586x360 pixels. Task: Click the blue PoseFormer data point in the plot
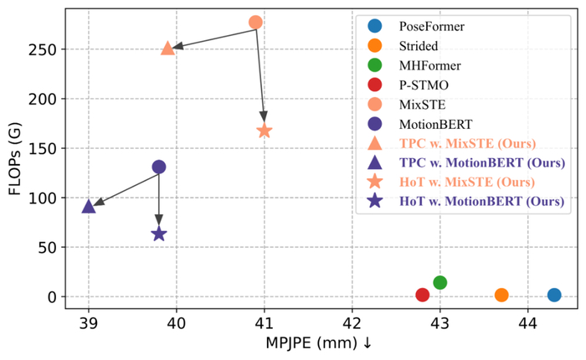554,295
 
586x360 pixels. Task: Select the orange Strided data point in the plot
501,295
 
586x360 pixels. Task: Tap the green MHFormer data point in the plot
440,283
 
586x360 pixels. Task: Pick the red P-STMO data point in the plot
423,295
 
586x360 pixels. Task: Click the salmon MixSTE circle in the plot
256,22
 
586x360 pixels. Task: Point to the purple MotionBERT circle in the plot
159,167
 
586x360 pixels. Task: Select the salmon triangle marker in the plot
167,49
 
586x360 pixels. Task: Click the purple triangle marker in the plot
89,206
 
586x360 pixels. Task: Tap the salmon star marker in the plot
265,131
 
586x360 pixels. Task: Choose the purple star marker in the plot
159,234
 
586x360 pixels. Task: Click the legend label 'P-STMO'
424,85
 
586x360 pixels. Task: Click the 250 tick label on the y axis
44,49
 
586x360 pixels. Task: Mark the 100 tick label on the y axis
44,198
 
